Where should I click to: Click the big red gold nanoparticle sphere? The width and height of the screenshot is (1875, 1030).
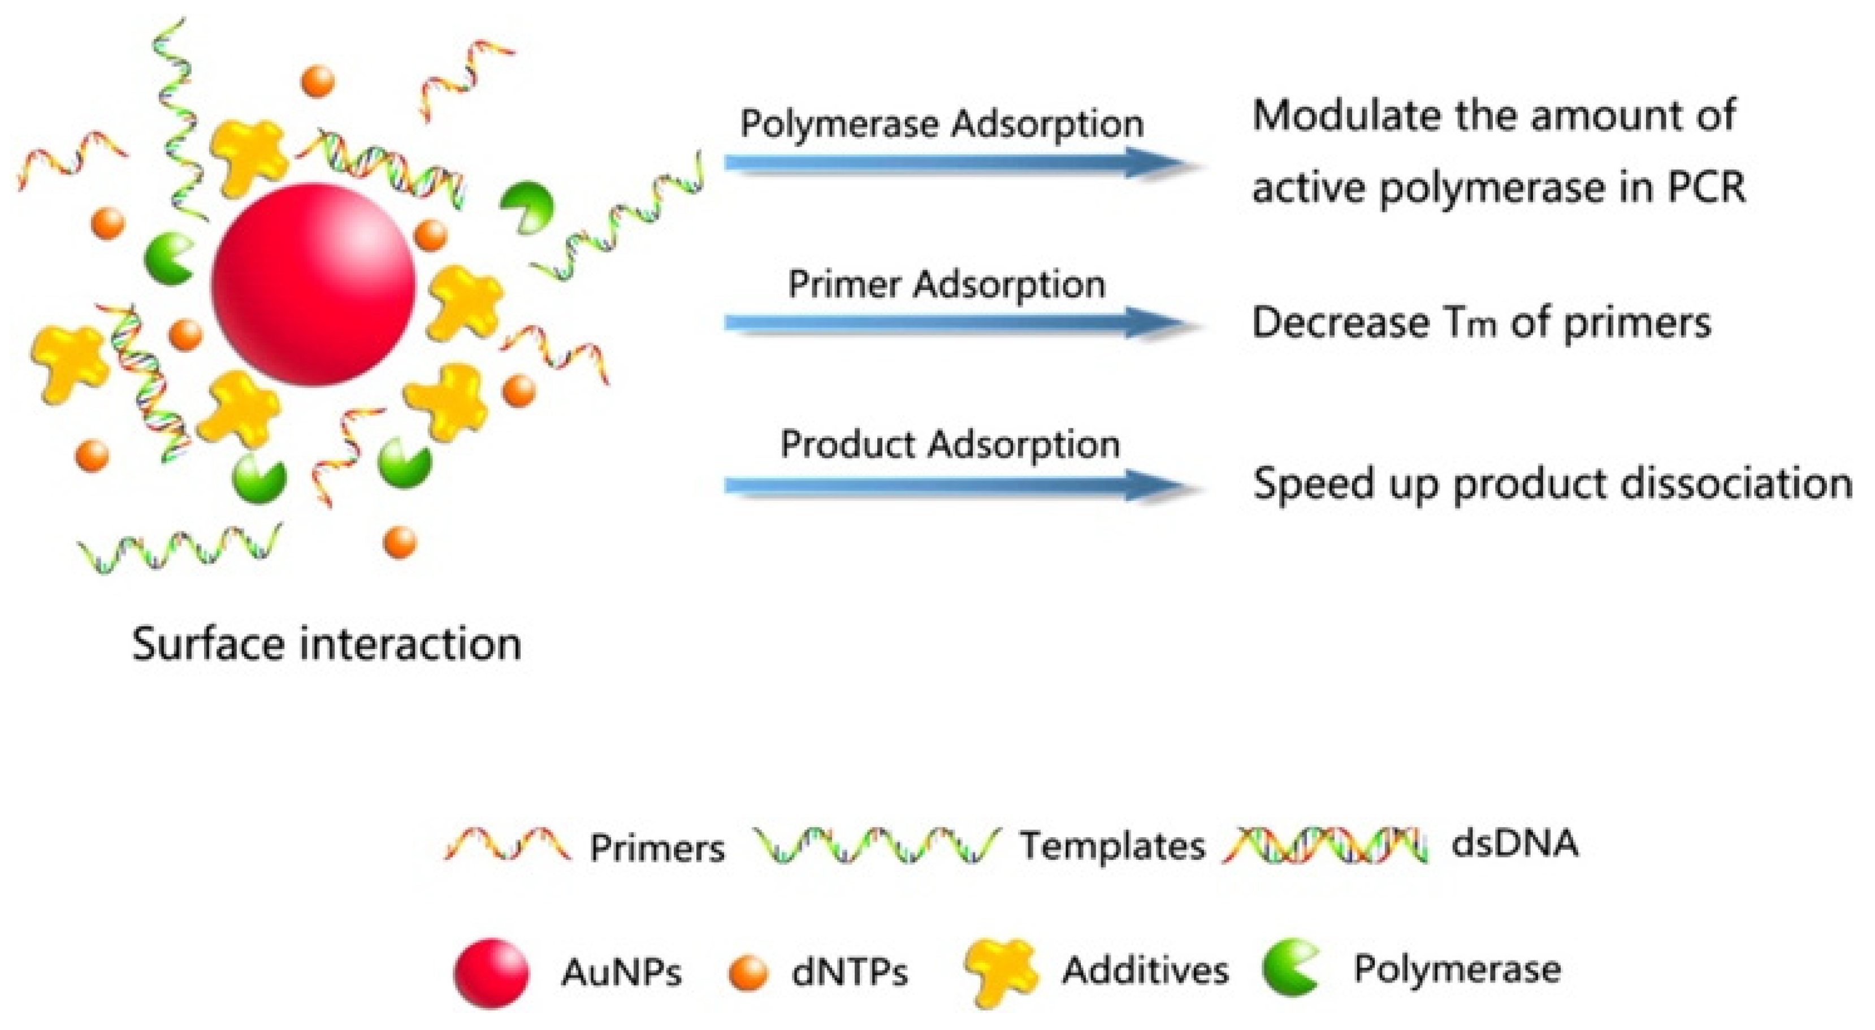pos(313,284)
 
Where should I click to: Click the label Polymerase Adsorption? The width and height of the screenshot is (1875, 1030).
pos(942,124)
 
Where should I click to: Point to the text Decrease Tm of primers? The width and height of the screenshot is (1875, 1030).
pos(1481,322)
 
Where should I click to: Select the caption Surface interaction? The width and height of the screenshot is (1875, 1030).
pos(327,644)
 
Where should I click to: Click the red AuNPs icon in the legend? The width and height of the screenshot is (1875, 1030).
pos(491,972)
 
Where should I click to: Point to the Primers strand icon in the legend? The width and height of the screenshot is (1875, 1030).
pos(507,845)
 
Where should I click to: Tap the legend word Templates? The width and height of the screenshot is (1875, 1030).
pos(1112,846)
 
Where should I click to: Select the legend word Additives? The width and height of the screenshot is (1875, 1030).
pos(1145,970)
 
